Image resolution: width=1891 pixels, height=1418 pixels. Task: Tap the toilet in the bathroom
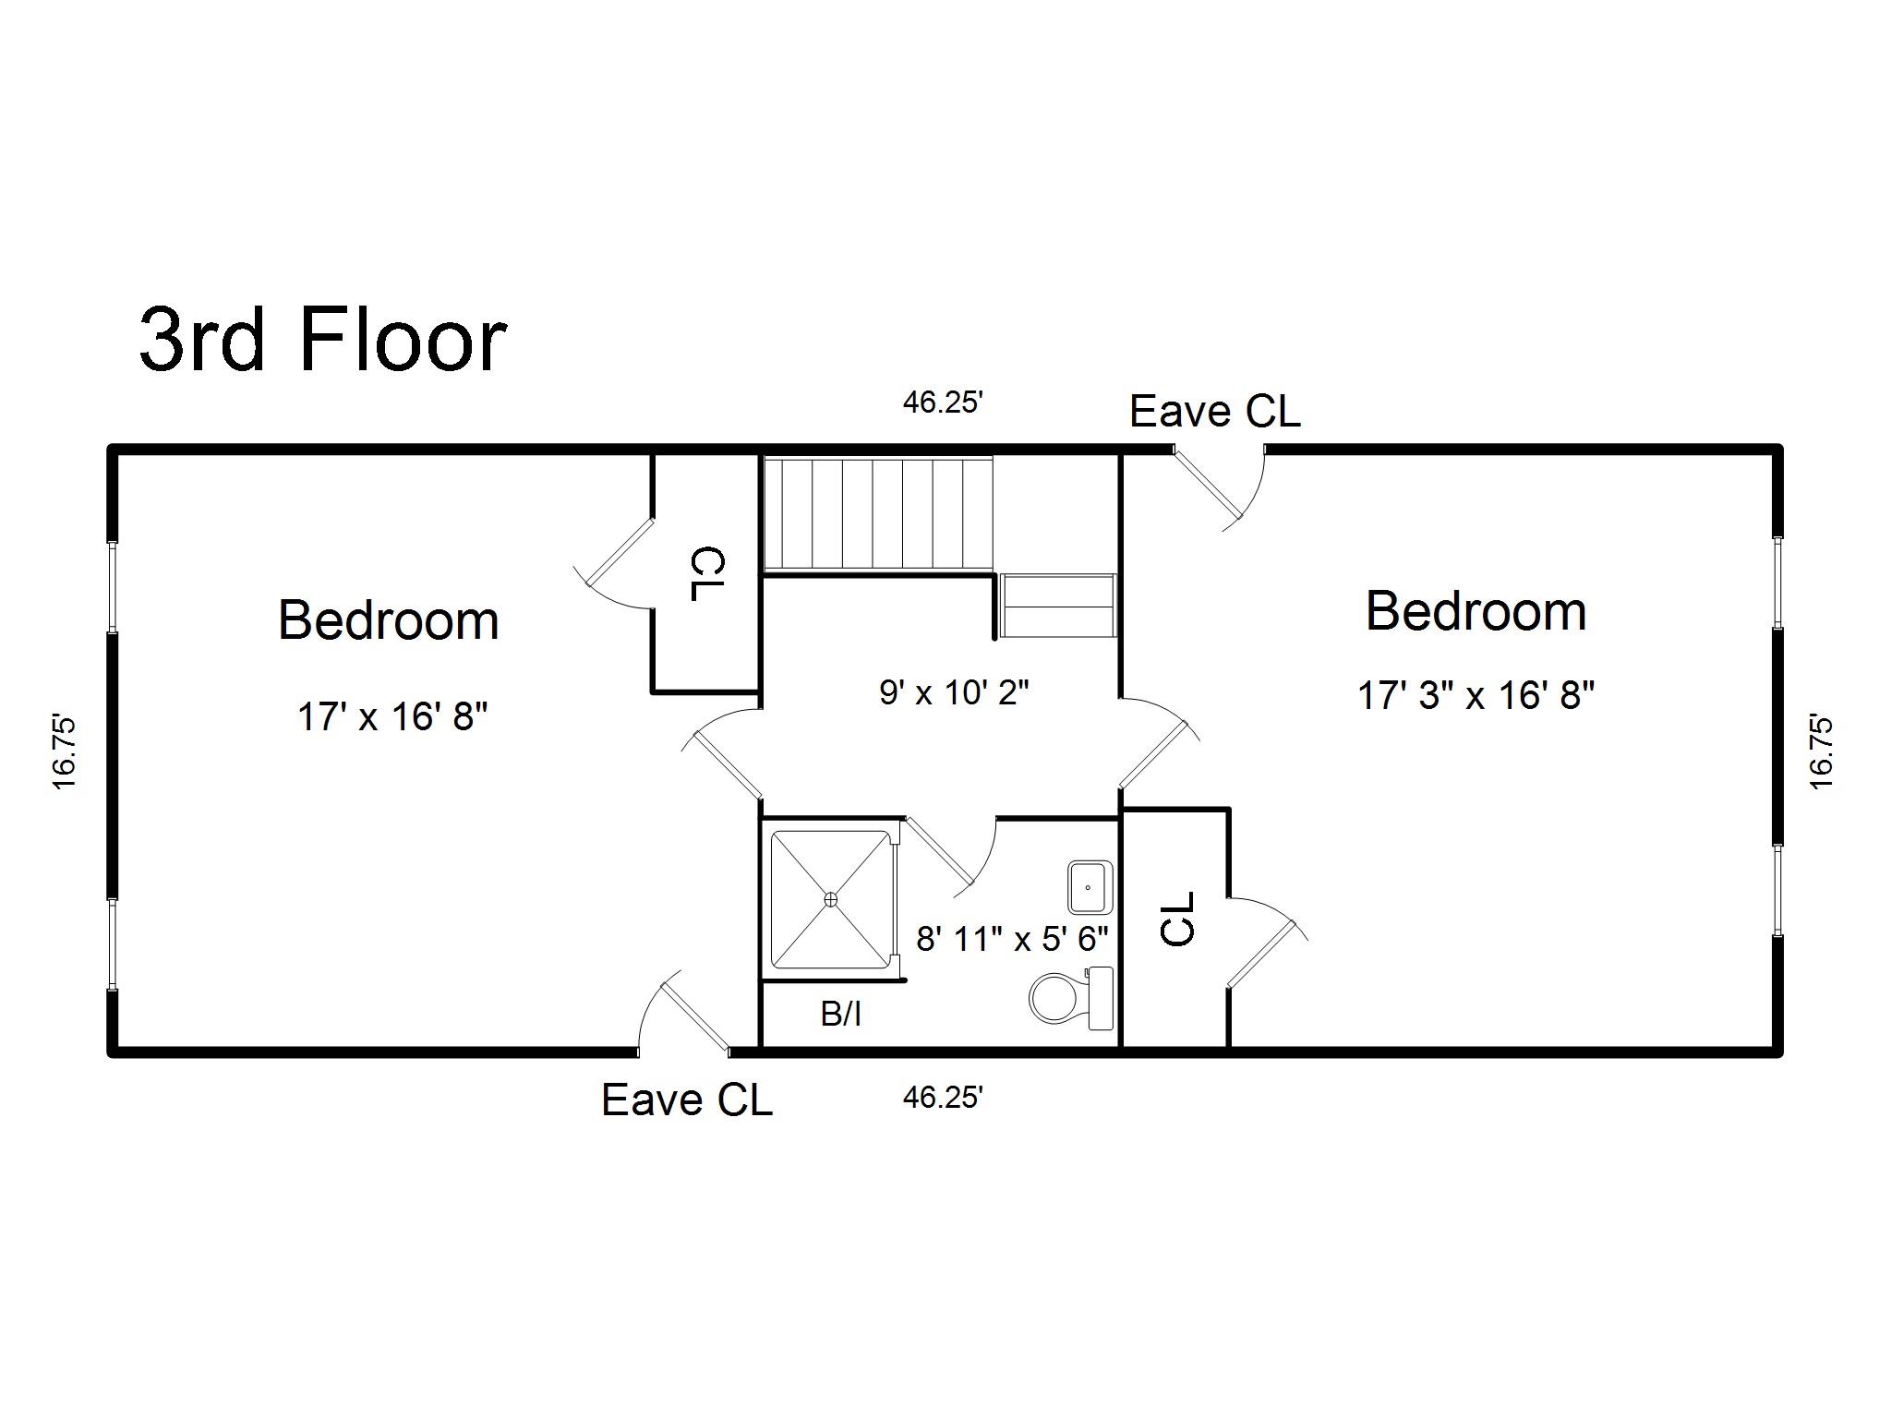[x=1071, y=998]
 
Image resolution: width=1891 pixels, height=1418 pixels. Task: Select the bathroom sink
[x=1090, y=886]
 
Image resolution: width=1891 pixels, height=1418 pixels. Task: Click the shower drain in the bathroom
[x=831, y=898]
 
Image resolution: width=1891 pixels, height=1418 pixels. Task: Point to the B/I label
[x=841, y=1015]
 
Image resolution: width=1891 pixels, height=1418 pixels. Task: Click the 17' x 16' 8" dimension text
[x=392, y=716]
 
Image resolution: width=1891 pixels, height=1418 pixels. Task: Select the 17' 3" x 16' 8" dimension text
[x=1476, y=694]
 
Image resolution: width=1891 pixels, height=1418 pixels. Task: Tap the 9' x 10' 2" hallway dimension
[x=954, y=691]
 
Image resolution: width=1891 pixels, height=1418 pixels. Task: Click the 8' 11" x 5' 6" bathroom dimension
[x=1012, y=939]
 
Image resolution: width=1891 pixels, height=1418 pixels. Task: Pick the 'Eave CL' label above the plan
[x=1215, y=411]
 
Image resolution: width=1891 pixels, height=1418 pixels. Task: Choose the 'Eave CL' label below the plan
[x=687, y=1100]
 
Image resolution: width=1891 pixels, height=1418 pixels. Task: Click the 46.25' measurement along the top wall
[x=943, y=403]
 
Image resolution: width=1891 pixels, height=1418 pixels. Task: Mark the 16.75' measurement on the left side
[x=64, y=751]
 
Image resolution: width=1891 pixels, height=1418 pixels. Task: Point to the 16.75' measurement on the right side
[x=1821, y=751]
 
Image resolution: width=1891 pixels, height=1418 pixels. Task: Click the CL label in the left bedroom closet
[x=708, y=574]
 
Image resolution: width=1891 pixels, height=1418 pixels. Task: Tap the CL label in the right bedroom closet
[x=1177, y=919]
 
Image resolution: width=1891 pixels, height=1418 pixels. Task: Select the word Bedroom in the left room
[x=388, y=619]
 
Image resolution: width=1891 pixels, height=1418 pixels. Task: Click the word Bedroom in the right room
[x=1476, y=610]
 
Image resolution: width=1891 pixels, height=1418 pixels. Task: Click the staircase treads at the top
[x=878, y=513]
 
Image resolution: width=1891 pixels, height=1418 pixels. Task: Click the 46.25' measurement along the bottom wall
[x=943, y=1097]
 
